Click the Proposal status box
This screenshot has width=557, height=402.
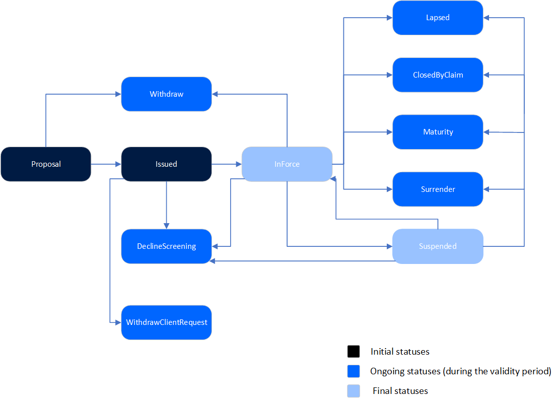pos(46,164)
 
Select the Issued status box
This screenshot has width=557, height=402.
pos(166,164)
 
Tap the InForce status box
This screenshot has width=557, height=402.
pos(287,164)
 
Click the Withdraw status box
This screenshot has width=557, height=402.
pos(166,94)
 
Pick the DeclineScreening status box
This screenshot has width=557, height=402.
pos(166,246)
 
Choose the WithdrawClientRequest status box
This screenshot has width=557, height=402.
pos(166,322)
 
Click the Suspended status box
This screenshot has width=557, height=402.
pos(438,246)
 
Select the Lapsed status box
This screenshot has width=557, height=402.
pos(438,18)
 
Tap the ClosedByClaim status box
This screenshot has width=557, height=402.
pos(438,75)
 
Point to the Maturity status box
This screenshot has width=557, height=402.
pos(438,132)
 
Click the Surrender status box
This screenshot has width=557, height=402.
pos(438,189)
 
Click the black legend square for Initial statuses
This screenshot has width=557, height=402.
pos(354,352)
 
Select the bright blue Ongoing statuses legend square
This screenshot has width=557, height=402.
pos(354,371)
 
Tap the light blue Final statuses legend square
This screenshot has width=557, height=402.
pos(354,391)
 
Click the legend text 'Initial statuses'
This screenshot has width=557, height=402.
pos(400,352)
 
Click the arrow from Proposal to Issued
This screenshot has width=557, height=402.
pos(106,164)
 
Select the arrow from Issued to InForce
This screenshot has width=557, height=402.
pos(227,164)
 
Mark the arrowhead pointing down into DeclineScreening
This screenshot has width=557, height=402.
pos(166,226)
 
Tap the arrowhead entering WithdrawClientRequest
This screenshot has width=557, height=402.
pos(118,322)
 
